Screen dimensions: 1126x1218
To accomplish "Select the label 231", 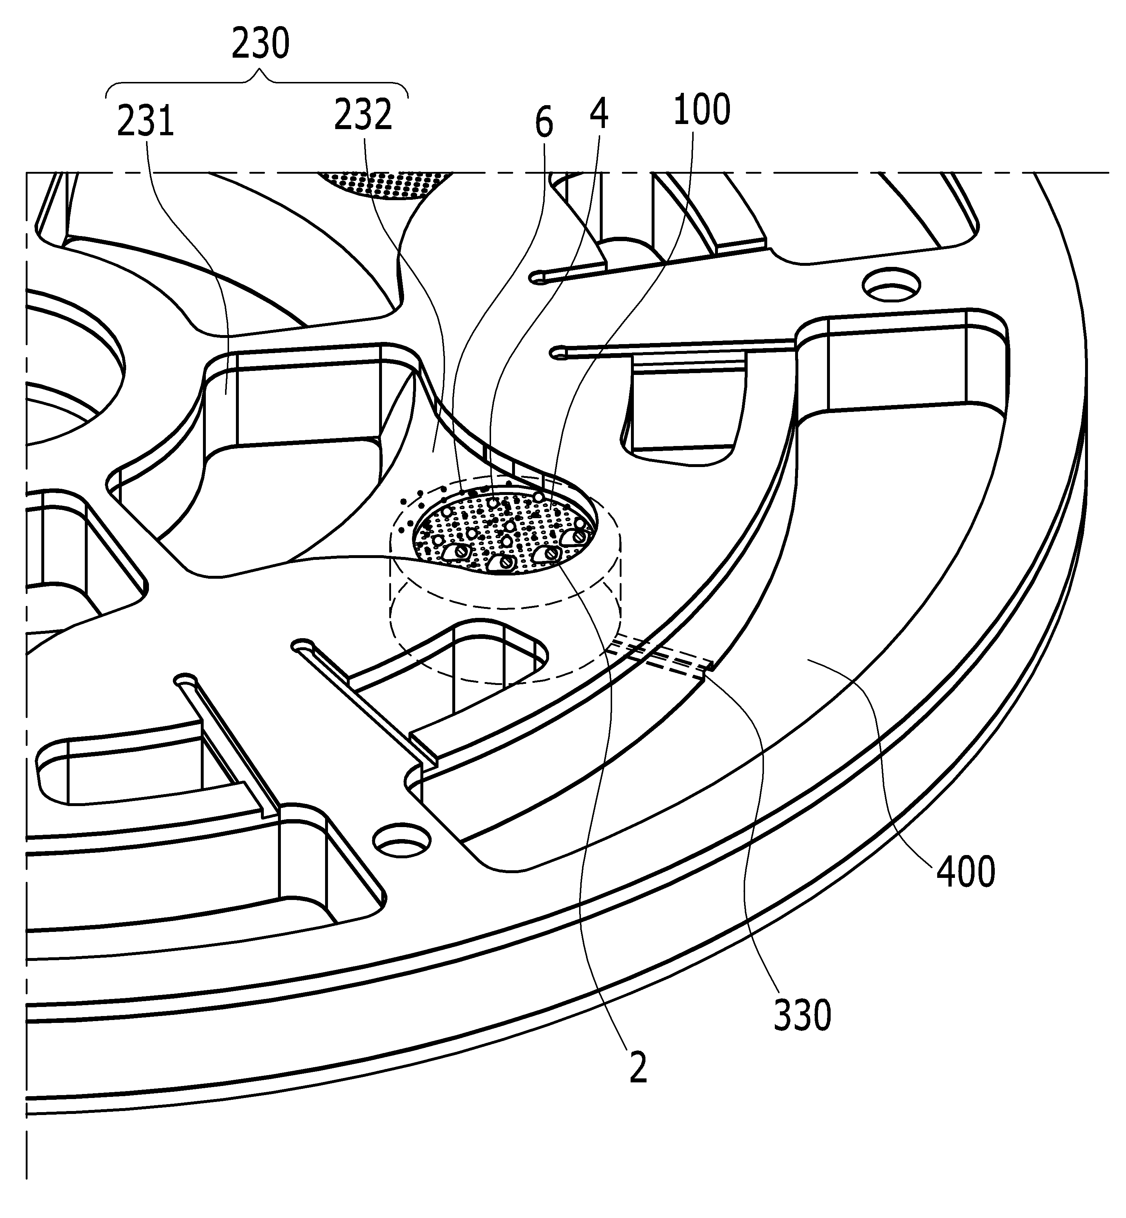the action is [146, 121].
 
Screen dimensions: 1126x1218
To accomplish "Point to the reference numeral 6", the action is [544, 124].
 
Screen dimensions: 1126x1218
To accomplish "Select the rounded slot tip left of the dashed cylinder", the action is [302, 645].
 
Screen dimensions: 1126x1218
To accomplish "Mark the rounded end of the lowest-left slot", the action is [184, 680].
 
